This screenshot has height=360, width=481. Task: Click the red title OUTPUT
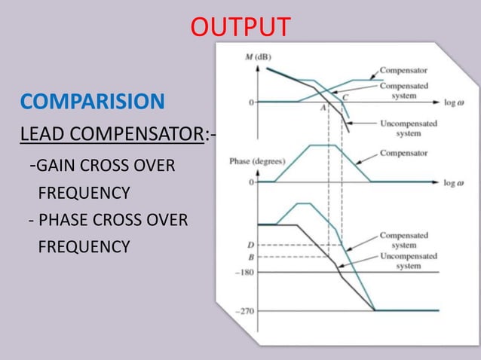[240, 27]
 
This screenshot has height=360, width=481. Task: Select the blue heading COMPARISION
[91, 102]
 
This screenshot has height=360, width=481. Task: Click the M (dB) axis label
[258, 57]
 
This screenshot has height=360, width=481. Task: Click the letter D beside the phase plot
[250, 245]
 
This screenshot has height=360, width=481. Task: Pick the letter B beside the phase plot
[250, 257]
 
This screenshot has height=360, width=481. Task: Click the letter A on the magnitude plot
[323, 108]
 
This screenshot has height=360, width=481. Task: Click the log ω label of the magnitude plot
[454, 101]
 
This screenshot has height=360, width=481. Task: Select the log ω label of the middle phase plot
[454, 182]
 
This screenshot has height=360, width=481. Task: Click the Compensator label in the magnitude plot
[405, 69]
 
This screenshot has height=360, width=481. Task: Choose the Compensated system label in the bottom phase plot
[405, 240]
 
